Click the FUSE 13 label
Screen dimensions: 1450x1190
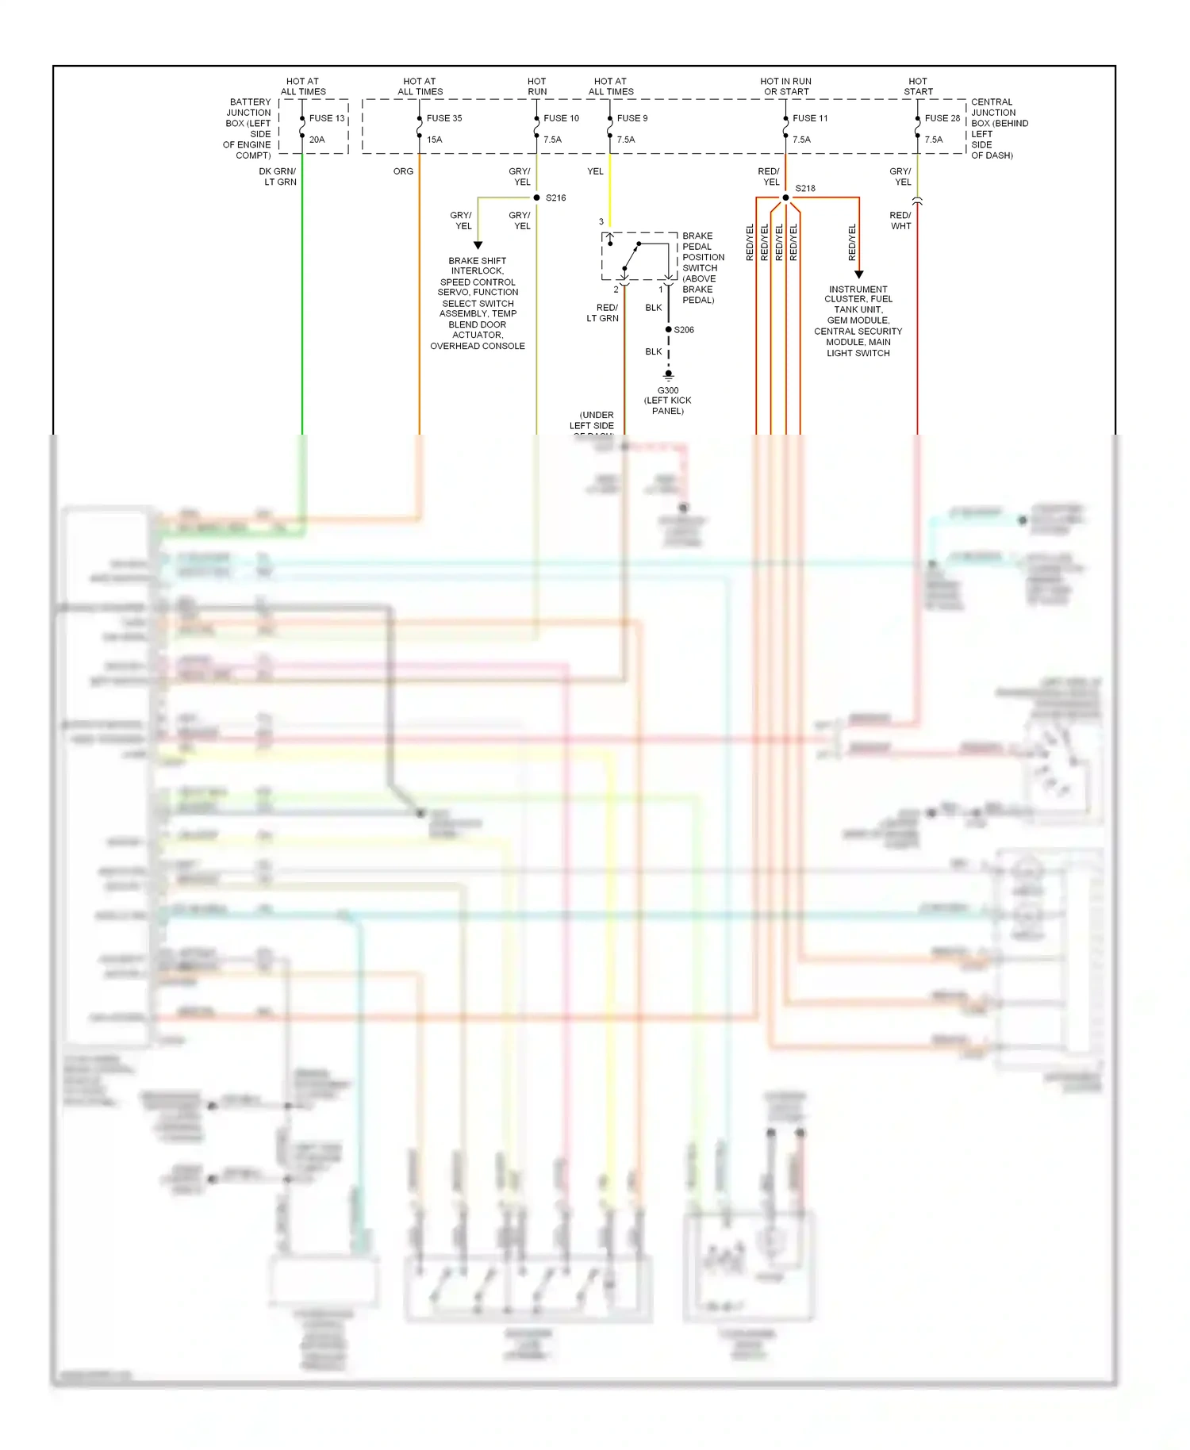click(x=327, y=118)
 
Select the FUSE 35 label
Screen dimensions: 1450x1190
click(x=444, y=118)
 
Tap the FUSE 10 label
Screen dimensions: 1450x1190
click(x=561, y=118)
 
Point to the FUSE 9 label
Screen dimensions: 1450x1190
click(x=632, y=118)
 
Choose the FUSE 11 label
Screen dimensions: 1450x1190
click(x=810, y=118)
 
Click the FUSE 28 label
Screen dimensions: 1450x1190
click(x=942, y=118)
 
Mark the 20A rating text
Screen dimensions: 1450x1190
click(x=317, y=140)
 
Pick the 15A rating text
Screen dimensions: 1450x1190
click(x=435, y=140)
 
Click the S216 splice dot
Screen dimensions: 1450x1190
click(x=537, y=198)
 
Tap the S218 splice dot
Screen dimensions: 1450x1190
click(x=785, y=198)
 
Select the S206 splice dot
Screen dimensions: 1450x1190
click(x=669, y=329)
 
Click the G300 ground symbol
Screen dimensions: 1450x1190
click(x=669, y=374)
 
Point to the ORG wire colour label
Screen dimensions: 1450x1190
click(x=403, y=171)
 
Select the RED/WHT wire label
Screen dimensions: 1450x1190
click(x=900, y=221)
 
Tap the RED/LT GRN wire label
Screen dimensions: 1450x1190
click(x=603, y=313)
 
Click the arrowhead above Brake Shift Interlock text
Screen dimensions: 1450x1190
click(x=478, y=246)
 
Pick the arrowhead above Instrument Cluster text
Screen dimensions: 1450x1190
click(x=858, y=274)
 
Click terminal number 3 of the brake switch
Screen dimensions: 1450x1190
click(x=601, y=222)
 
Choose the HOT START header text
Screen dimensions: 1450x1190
click(x=918, y=86)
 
